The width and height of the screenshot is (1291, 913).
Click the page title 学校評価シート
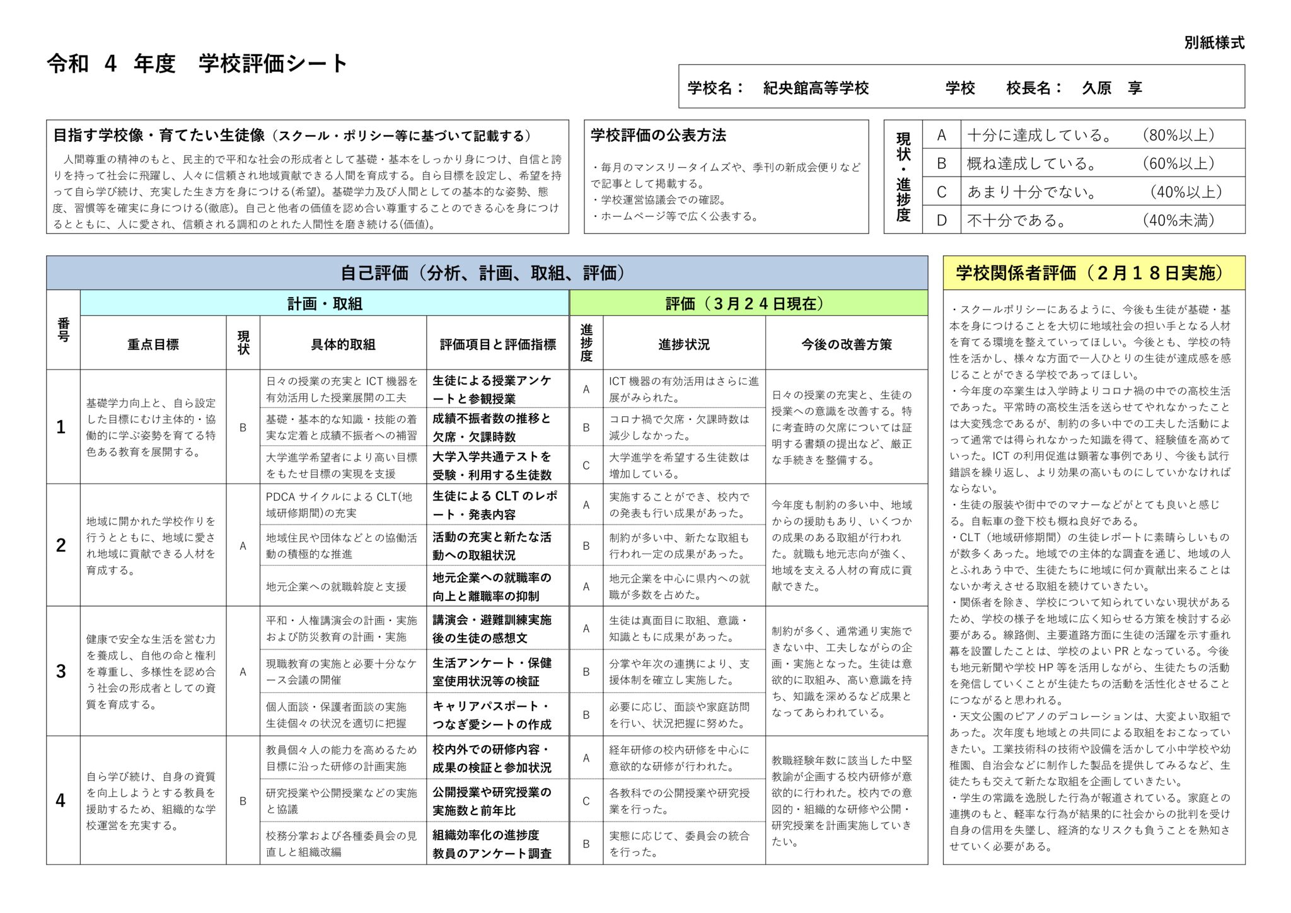click(x=273, y=64)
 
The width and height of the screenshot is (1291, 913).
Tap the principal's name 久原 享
click(x=1111, y=88)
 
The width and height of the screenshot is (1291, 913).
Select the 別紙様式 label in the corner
click(x=1214, y=43)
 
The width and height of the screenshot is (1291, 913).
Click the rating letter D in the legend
click(x=941, y=221)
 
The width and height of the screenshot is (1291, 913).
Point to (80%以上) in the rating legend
click(x=1178, y=135)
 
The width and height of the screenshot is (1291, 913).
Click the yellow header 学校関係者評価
click(x=1093, y=273)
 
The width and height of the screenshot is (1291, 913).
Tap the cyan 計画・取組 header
click(x=325, y=304)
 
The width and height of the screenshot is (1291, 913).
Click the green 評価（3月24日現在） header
click(x=748, y=304)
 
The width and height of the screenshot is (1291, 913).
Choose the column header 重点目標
click(x=153, y=344)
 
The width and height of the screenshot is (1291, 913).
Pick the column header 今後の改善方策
click(x=846, y=344)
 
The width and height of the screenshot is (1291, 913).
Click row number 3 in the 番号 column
click(x=61, y=671)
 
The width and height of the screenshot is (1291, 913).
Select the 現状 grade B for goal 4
click(x=243, y=801)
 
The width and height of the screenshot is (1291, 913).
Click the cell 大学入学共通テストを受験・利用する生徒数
click(x=492, y=465)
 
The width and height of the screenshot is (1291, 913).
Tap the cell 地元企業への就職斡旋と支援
click(x=336, y=586)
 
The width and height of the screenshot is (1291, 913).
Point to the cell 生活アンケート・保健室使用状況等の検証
click(x=492, y=672)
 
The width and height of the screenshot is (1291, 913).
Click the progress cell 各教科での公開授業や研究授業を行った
click(x=679, y=801)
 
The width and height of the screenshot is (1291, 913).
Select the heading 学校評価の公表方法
click(x=658, y=136)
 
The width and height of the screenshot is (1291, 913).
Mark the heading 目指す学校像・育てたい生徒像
click(x=159, y=136)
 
